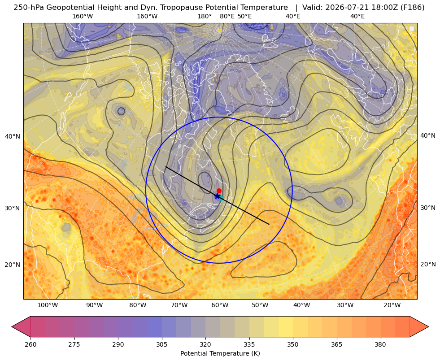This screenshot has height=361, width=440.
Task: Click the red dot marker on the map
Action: pos(219,191)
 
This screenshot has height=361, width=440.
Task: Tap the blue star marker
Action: pos(217,196)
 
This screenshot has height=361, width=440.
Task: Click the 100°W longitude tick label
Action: pos(48,305)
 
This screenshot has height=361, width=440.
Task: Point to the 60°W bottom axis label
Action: pos(220,305)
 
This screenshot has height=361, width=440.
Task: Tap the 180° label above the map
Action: pos(205,16)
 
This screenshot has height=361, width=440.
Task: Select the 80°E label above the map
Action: pos(227,16)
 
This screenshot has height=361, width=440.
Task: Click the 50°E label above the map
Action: pos(244,16)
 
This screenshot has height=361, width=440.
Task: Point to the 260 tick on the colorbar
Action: pos(30,344)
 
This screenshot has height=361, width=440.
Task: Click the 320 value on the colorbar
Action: pos(205,344)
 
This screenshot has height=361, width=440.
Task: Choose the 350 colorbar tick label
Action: pos(293,344)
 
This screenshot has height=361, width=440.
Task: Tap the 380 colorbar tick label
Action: pos(380,344)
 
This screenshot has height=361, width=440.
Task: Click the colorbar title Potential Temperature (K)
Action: pos(220,353)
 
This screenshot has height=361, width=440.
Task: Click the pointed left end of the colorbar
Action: pos(12,326)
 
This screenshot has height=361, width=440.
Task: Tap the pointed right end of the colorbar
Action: pos(428,326)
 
